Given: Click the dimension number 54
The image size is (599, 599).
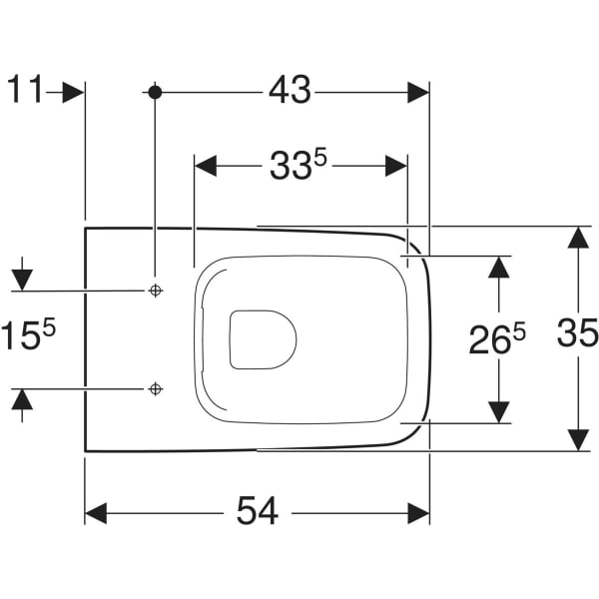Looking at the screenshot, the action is pyautogui.click(x=258, y=510).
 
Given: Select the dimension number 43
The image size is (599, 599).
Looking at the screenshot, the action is pyautogui.click(x=290, y=90).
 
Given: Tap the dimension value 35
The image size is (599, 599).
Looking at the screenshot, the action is pyautogui.click(x=577, y=333).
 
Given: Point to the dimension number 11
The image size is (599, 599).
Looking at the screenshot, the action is pyautogui.click(x=24, y=89).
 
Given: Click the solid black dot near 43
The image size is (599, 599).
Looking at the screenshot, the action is pyautogui.click(x=155, y=93).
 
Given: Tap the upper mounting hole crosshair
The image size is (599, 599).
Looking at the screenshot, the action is pyautogui.click(x=155, y=291).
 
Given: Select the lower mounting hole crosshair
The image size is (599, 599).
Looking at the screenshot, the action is pyautogui.click(x=155, y=389).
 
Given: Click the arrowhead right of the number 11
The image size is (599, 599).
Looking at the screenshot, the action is pyautogui.click(x=73, y=93).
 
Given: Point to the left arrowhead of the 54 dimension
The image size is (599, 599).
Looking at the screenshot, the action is pyautogui.click(x=96, y=513).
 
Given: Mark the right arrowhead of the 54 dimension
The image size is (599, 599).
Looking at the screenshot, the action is pyautogui.click(x=418, y=513).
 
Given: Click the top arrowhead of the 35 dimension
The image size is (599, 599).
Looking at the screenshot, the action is pyautogui.click(x=578, y=238).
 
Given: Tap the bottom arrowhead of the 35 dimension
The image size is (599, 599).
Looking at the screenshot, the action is pyautogui.click(x=578, y=440).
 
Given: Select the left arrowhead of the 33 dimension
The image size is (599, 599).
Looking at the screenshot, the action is pyautogui.click(x=206, y=166).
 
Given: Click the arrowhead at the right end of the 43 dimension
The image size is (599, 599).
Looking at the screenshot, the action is pyautogui.click(x=418, y=93).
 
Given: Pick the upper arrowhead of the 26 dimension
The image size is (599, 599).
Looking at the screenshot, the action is pyautogui.click(x=498, y=267).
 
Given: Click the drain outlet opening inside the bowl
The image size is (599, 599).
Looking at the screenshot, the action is pyautogui.click(x=264, y=339).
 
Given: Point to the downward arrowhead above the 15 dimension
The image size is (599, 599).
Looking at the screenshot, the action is pyautogui.click(x=22, y=280).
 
